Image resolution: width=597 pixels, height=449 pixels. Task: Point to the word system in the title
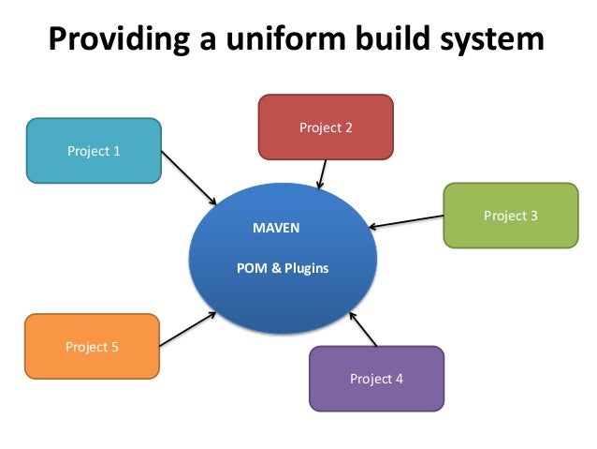coord(495,40)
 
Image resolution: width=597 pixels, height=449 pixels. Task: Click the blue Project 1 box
coord(94,149)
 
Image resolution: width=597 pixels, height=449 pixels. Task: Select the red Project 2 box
coord(326,127)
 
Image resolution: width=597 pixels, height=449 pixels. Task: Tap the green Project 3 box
coord(510,216)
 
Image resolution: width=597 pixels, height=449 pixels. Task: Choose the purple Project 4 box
coord(376,379)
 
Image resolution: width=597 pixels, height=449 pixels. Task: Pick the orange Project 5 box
coord(92,347)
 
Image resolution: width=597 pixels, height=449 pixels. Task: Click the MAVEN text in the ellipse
coord(277,228)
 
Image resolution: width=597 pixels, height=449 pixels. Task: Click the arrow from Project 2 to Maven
coord(322,173)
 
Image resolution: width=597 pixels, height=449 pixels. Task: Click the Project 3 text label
coord(510,216)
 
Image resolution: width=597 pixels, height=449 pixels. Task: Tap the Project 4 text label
coord(376,379)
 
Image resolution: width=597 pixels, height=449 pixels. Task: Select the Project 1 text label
coord(94,149)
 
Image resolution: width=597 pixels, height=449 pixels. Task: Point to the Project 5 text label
coord(92,347)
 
